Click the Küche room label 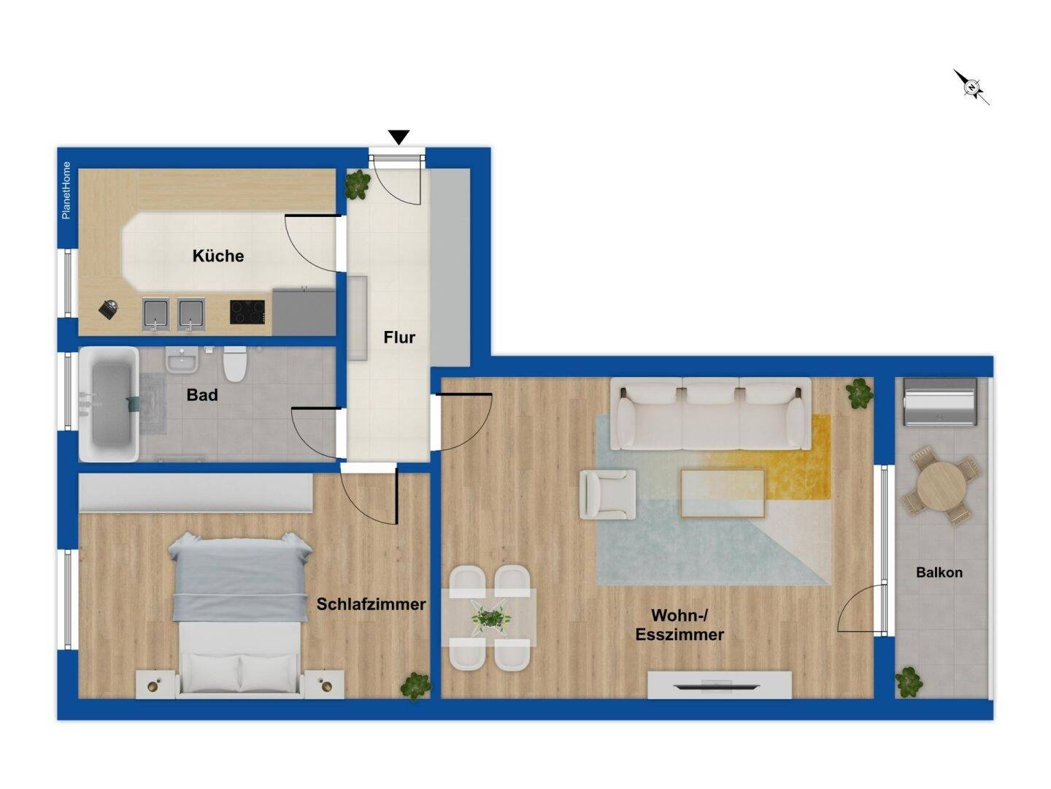click(x=217, y=256)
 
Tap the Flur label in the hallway click(x=399, y=338)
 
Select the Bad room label click(x=202, y=395)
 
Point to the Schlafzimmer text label click(x=371, y=604)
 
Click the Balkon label click(x=939, y=573)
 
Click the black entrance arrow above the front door click(x=399, y=137)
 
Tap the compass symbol click(x=971, y=88)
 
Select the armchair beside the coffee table click(x=607, y=495)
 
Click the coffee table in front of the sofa click(x=723, y=493)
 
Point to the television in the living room click(x=719, y=685)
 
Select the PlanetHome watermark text click(x=66, y=190)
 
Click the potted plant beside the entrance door click(x=358, y=184)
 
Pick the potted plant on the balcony click(x=909, y=682)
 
